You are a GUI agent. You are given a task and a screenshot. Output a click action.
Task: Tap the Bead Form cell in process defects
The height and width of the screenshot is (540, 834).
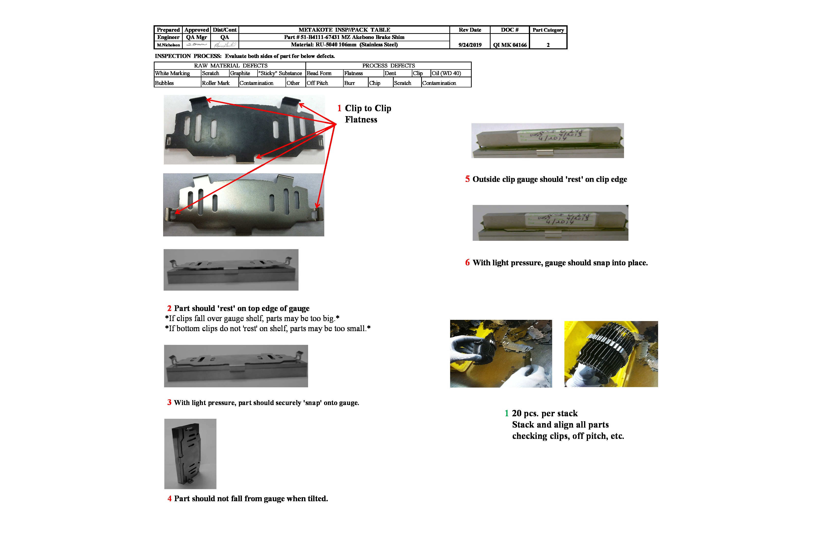click(x=319, y=73)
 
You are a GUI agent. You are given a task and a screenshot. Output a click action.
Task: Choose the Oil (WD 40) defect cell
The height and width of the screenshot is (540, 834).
click(x=446, y=73)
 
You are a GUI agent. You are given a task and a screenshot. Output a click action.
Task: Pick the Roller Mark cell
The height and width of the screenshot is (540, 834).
click(x=216, y=83)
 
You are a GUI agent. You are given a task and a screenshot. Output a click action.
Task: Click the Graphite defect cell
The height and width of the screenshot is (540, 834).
click(x=240, y=73)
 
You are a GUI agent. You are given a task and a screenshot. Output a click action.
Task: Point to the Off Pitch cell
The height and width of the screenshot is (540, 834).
click(x=317, y=83)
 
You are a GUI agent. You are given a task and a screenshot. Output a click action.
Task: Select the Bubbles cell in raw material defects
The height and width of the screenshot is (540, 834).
click(x=164, y=83)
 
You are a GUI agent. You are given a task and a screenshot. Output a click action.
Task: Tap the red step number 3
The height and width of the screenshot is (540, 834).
click(x=169, y=402)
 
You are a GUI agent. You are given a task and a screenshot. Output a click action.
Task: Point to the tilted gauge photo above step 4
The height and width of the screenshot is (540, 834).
click(x=190, y=454)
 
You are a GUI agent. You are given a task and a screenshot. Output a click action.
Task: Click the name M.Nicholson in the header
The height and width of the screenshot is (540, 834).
click(x=168, y=45)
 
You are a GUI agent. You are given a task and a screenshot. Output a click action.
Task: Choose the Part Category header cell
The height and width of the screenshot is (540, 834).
click(x=548, y=30)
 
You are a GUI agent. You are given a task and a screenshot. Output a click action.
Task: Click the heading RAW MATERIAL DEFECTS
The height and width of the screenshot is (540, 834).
click(x=231, y=66)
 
